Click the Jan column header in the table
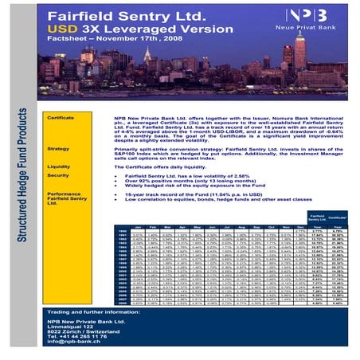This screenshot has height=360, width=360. pyautogui.click(x=119, y=227)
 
